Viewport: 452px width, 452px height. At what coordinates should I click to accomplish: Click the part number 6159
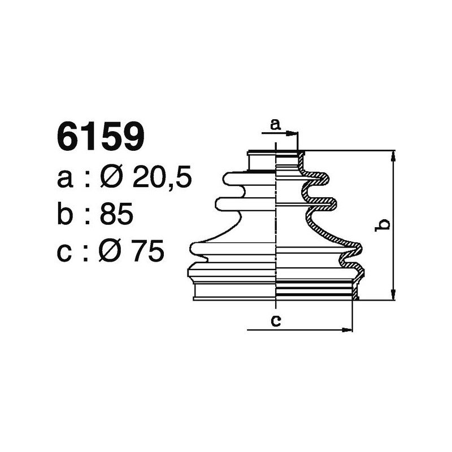[101, 137]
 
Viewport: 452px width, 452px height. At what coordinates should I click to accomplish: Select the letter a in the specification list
[65, 180]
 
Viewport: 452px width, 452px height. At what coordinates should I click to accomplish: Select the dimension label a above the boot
[275, 125]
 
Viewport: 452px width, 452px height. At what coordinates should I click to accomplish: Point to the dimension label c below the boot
[276, 321]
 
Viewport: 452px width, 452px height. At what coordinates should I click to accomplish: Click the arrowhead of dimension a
[293, 134]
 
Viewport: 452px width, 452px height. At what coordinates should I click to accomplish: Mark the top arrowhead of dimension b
[393, 156]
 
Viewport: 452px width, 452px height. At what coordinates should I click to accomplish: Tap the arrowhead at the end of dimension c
[348, 330]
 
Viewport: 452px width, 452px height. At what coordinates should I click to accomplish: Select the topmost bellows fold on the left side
[234, 179]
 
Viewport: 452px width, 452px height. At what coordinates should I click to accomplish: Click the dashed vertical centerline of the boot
[275, 226]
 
